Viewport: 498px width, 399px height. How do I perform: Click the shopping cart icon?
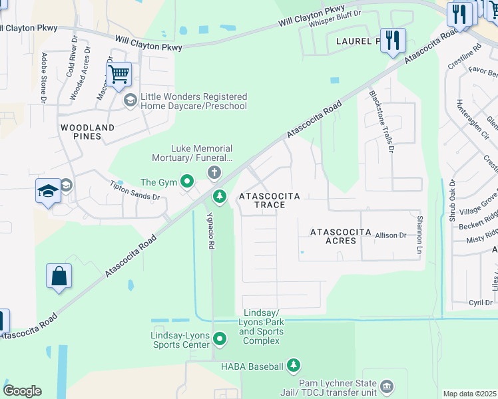pyautogui.click(x=119, y=75)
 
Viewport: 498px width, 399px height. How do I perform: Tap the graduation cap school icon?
pyautogui.click(x=49, y=192)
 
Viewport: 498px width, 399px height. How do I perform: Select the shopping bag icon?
pyautogui.click(x=59, y=276)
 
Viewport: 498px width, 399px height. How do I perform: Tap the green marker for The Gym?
pyautogui.click(x=188, y=181)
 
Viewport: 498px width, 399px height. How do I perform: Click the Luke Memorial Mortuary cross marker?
pyautogui.click(x=214, y=174)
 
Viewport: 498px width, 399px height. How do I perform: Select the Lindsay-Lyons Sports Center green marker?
pyautogui.click(x=220, y=340)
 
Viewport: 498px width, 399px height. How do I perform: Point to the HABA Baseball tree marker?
pyautogui.click(x=294, y=365)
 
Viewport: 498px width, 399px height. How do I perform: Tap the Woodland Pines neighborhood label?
pyautogui.click(x=87, y=131)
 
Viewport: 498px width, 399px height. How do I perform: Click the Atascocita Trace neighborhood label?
pyautogui.click(x=270, y=200)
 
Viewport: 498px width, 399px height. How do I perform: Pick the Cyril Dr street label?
pyautogui.click(x=479, y=303)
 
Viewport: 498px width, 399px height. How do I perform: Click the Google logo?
pyautogui.click(x=22, y=391)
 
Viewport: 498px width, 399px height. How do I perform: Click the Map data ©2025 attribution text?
pyautogui.click(x=469, y=394)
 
